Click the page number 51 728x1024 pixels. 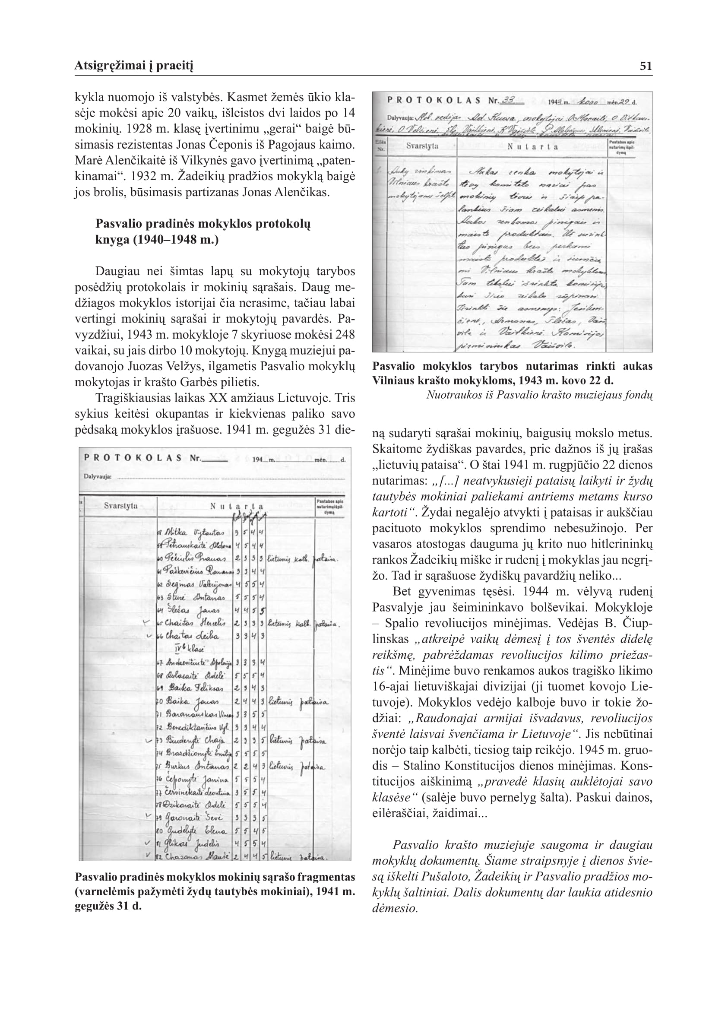[646, 67]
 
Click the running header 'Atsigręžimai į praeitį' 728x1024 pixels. [133, 67]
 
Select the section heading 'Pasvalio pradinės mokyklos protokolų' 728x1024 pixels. [203, 224]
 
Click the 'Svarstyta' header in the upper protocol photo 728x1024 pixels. [422, 146]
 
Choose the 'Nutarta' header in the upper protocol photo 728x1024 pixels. [532, 146]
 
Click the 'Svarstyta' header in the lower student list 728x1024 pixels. [120, 506]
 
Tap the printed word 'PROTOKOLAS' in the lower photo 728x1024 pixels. [132, 458]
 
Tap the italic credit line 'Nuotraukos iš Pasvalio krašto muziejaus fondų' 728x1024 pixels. [539, 395]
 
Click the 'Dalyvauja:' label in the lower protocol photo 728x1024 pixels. [98, 476]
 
